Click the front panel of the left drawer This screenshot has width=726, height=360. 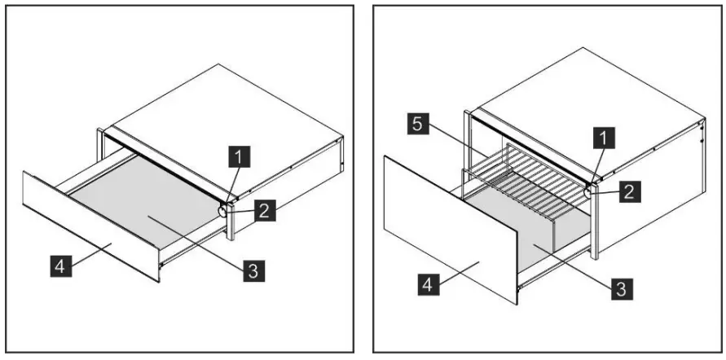tap(90, 224)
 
